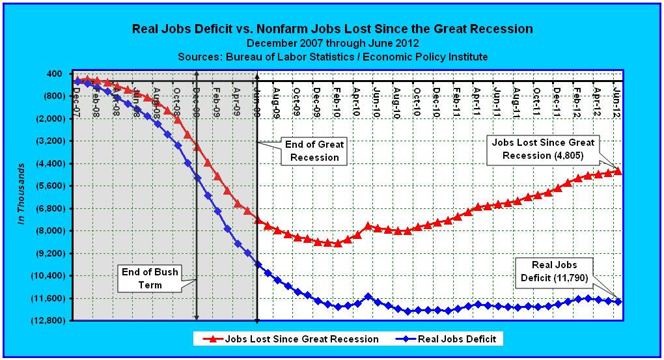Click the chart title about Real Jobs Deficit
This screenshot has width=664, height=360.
point(332,29)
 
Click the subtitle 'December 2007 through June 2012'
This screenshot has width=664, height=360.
point(332,43)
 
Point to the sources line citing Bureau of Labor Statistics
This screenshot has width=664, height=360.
point(332,57)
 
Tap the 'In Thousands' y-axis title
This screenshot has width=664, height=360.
point(21,193)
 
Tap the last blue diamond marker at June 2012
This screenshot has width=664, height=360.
point(618,301)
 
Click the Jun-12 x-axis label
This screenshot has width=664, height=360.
point(618,94)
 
